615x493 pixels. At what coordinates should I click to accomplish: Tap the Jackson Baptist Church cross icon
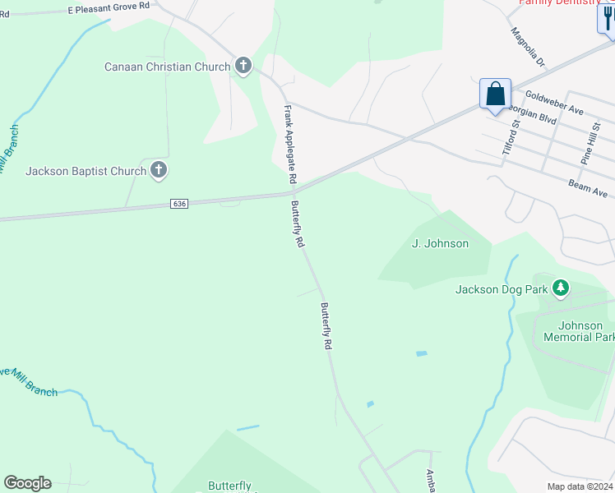160,171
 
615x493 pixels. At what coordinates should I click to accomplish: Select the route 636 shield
180,203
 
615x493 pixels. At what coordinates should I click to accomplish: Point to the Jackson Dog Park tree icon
561,288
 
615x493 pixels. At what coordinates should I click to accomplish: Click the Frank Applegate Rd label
290,145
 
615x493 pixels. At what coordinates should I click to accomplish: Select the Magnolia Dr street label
528,47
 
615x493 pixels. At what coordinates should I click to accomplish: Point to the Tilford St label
511,137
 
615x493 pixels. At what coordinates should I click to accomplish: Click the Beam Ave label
587,188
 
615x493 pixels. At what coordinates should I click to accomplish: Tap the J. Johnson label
440,243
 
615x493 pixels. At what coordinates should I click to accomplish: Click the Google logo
27,483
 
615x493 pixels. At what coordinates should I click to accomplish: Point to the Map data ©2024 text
579,486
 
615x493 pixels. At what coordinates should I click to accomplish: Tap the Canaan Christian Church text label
169,67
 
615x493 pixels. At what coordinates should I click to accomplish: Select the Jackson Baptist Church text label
86,172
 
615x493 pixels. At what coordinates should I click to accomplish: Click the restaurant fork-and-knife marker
607,20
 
